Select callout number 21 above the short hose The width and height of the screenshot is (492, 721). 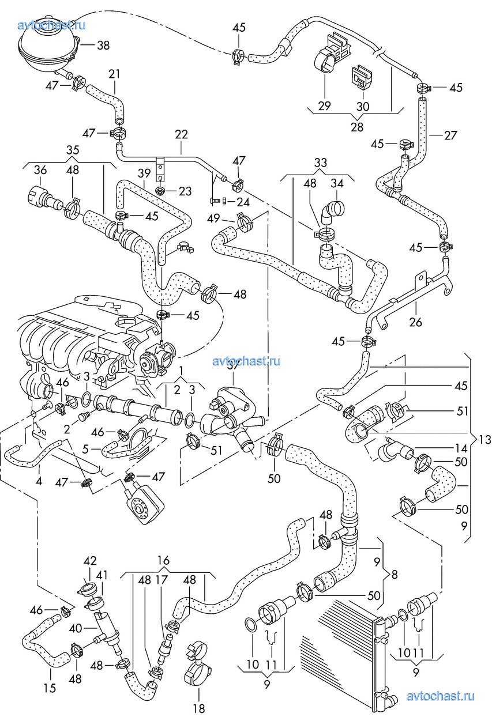(114, 74)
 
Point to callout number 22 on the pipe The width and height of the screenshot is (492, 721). (181, 134)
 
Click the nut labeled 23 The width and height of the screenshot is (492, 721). (160, 190)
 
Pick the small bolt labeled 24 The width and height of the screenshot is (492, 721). (215, 202)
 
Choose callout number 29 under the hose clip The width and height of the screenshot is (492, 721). (324, 105)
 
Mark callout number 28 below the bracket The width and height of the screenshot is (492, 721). (358, 127)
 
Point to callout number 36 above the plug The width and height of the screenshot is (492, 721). (40, 170)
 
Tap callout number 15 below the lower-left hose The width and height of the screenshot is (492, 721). (50, 688)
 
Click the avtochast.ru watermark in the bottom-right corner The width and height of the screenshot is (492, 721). (440, 696)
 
